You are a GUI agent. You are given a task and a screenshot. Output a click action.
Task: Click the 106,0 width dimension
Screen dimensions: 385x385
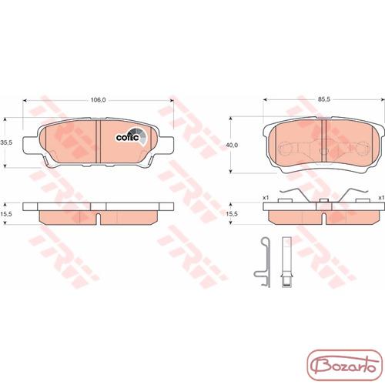(98, 100)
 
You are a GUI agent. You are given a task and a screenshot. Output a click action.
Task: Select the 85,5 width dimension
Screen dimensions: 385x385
(324, 99)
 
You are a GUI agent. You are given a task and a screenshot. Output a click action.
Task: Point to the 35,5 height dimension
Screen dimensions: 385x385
(6, 142)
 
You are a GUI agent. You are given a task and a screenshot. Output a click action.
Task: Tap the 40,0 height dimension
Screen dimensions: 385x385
(232, 146)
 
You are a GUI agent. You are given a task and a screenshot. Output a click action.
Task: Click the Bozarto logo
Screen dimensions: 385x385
(345, 365)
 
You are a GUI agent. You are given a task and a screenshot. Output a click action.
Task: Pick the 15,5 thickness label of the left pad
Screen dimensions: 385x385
(6, 213)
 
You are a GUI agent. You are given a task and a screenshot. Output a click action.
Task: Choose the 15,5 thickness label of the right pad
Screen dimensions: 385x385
(232, 213)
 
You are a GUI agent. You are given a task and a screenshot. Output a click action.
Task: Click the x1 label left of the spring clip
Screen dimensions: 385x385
(266, 198)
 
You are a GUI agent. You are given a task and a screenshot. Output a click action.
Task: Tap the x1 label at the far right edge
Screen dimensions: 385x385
(382, 198)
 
